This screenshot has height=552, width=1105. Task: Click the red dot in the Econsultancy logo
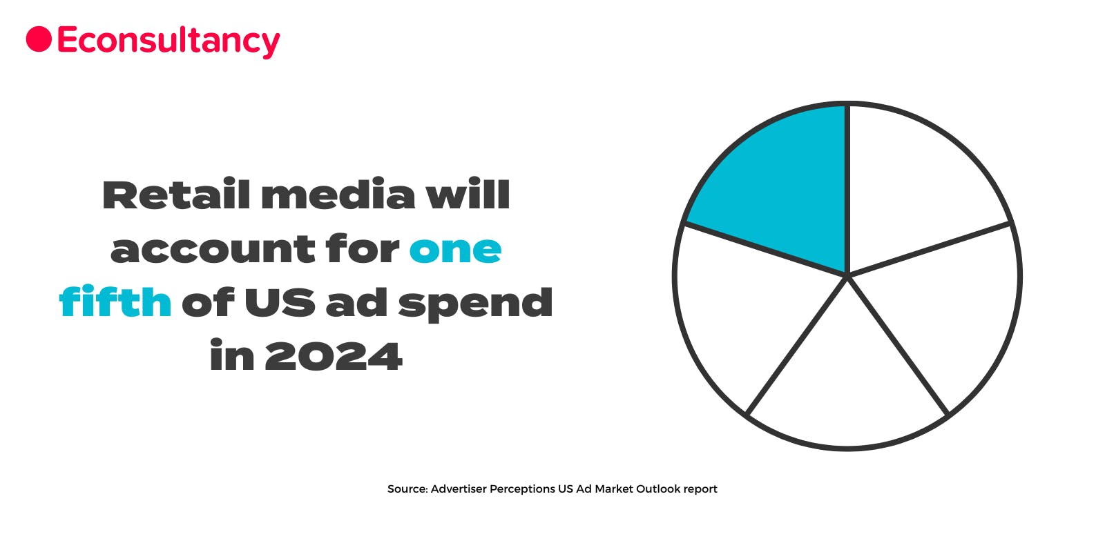pos(39,39)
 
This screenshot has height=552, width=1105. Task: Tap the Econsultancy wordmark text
pos(169,41)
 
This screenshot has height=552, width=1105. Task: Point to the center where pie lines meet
pos(847,276)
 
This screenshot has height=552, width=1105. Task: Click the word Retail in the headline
pos(176,195)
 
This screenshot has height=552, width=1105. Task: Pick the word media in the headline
pos(338,195)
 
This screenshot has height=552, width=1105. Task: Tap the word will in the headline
pos(468,195)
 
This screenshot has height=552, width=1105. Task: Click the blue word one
pos(455,250)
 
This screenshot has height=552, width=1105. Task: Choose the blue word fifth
pos(115,302)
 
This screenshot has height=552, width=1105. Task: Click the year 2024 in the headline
pos(333,357)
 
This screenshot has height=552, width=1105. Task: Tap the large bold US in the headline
pos(280,303)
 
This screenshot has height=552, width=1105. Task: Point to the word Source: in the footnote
pos(407,489)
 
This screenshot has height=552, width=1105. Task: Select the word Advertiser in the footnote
pos(459,489)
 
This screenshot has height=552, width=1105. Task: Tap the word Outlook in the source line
pos(657,489)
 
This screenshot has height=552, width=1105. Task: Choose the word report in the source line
pos(700,489)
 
